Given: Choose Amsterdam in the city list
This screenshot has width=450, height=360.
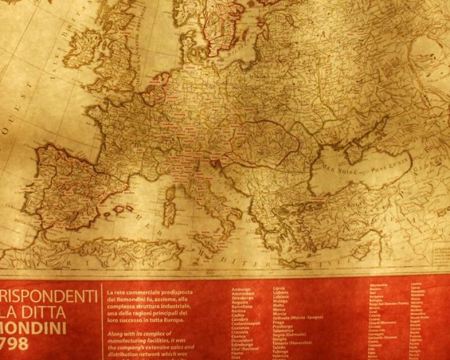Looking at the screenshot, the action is pos(242,294).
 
